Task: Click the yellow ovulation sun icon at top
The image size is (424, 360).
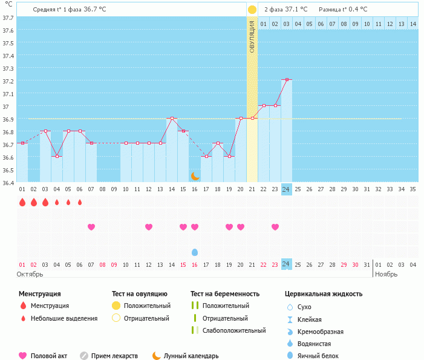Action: click(x=252, y=10)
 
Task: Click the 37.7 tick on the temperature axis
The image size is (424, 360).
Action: click(x=8, y=18)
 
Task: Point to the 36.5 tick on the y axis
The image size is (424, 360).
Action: click(x=8, y=170)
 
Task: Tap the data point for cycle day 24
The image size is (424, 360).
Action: click(x=287, y=79)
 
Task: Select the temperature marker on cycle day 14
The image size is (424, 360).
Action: click(x=172, y=118)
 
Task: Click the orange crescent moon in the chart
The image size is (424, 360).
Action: click(x=195, y=175)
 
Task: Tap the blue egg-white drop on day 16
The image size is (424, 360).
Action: click(x=195, y=252)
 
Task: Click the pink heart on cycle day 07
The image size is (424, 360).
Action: click(x=91, y=227)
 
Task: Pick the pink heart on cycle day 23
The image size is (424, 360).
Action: click(x=275, y=227)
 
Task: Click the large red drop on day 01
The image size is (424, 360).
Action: click(x=22, y=202)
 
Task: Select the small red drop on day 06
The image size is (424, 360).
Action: click(x=80, y=202)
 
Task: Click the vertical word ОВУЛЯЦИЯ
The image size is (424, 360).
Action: click(x=252, y=36)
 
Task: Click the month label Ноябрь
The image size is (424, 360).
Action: click(x=387, y=274)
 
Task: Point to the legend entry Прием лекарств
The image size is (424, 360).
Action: click(x=114, y=356)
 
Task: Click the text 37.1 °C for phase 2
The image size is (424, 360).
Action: click(x=296, y=10)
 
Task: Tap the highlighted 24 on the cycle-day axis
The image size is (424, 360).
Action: click(x=287, y=189)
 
